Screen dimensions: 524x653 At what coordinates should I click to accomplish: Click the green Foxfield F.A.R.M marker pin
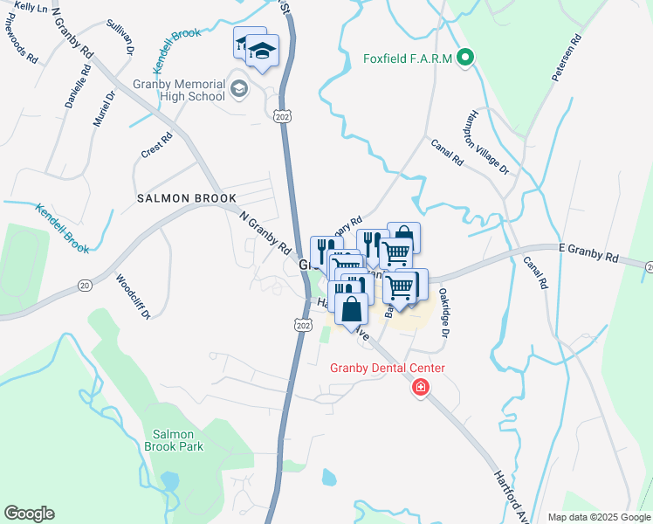click(x=466, y=59)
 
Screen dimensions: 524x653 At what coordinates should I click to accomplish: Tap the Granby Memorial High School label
click(x=179, y=91)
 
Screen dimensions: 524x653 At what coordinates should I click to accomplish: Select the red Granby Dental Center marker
click(x=421, y=387)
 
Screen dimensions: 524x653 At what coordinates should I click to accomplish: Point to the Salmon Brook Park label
click(x=178, y=439)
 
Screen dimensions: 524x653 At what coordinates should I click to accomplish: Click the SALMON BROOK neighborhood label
click(x=175, y=199)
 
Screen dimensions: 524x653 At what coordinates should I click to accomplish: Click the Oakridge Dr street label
click(x=444, y=314)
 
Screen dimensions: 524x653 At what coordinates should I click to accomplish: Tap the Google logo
click(x=29, y=514)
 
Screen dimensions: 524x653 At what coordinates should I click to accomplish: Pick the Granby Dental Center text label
click(x=387, y=368)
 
